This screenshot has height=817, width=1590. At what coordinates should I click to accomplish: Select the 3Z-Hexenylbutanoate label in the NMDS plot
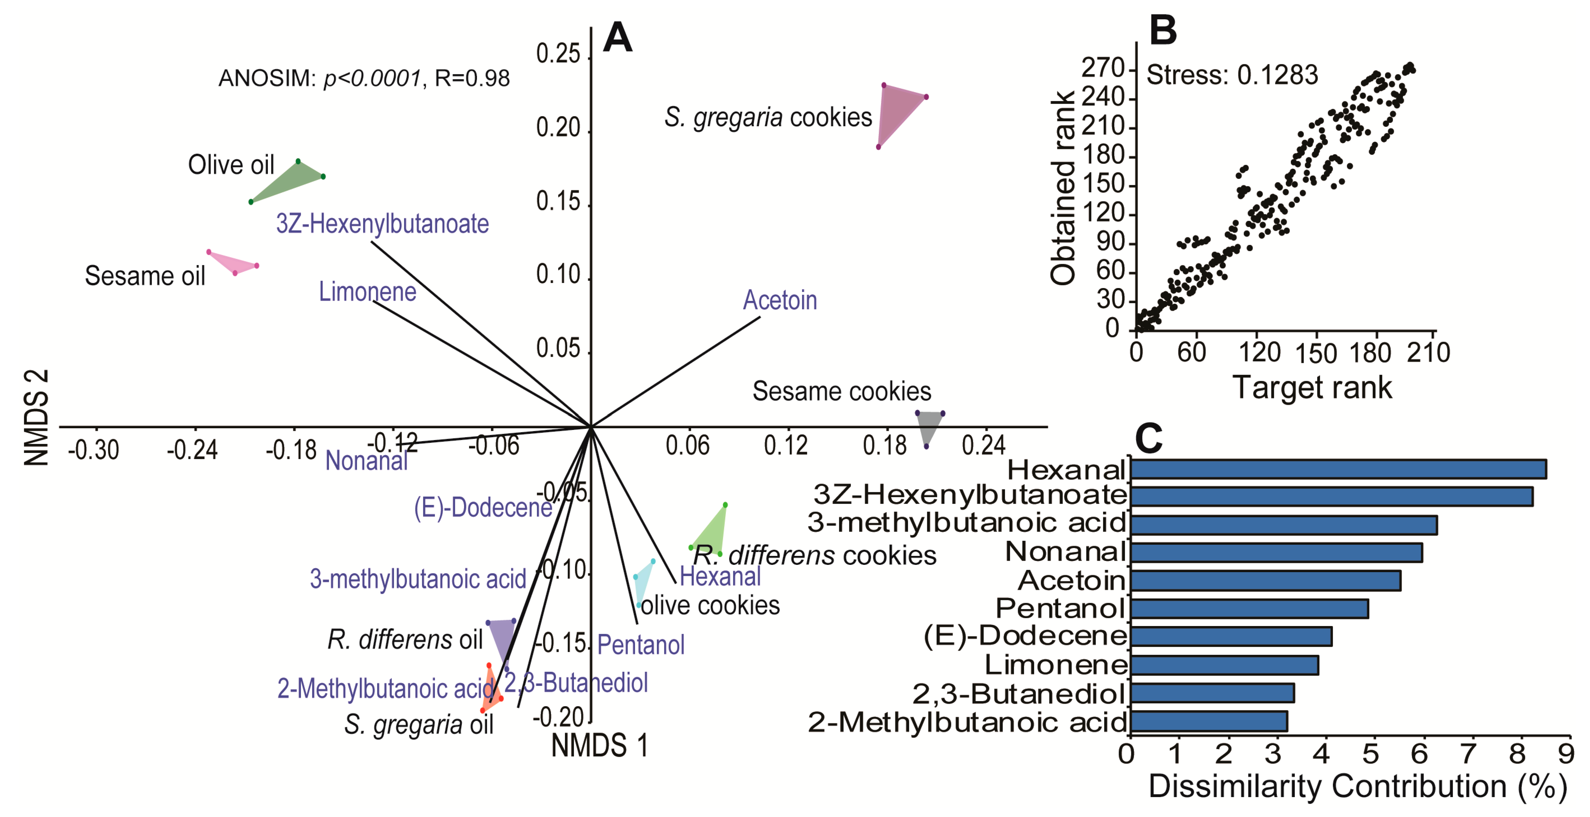382,224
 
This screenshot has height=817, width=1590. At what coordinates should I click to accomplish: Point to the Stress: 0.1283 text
1231,75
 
